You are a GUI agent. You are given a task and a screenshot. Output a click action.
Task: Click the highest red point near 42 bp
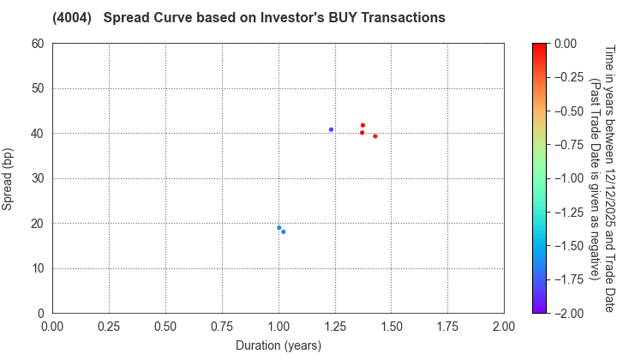coord(362,125)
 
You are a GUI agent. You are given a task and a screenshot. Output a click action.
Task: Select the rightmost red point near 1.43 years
coord(374,136)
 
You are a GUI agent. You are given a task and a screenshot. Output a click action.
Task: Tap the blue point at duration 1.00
coord(279,228)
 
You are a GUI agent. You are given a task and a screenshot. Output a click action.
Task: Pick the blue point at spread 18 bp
coord(284,231)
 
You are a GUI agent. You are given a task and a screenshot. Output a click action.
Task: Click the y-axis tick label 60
coord(38,44)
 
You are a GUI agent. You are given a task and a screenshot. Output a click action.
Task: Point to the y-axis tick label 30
coord(38,178)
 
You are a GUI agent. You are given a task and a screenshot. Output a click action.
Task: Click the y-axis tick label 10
coord(38,269)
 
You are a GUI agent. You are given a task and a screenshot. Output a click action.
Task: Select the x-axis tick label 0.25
coord(109,327)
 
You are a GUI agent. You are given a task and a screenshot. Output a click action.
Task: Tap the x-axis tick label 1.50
coord(391,327)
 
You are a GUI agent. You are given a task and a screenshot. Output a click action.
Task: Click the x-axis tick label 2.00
coord(504,327)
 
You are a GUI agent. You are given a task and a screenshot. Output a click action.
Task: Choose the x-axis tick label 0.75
coord(222,327)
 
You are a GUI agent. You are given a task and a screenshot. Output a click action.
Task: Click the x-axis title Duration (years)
coord(279,345)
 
